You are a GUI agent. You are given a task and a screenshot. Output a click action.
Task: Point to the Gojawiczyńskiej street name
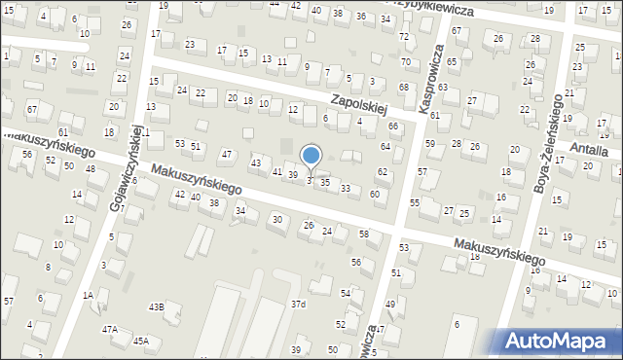pyautogui.click(x=128, y=168)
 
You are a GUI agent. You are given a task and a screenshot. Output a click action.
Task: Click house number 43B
pyautogui.click(x=157, y=306)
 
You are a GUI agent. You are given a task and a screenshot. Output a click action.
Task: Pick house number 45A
pyautogui.click(x=141, y=341)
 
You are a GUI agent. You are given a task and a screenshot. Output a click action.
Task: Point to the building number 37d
pyautogui.click(x=298, y=305)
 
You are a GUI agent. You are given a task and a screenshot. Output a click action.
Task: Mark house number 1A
pyautogui.click(x=88, y=294)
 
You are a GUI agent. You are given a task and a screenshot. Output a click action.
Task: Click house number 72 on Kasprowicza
pyautogui.click(x=403, y=36)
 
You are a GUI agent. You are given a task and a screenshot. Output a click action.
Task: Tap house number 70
pyautogui.click(x=405, y=62)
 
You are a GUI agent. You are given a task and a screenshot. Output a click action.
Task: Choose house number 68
pyautogui.click(x=403, y=89)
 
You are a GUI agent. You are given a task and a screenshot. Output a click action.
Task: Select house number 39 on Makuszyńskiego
pyautogui.click(x=292, y=174)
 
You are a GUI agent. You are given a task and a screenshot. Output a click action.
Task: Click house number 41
pyautogui.click(x=277, y=171)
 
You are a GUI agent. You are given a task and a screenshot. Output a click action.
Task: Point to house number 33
pyautogui.click(x=346, y=188)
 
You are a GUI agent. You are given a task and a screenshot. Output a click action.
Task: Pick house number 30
pyautogui.click(x=277, y=219)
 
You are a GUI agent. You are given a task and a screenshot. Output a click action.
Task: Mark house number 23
pyautogui.click(x=190, y=45)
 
